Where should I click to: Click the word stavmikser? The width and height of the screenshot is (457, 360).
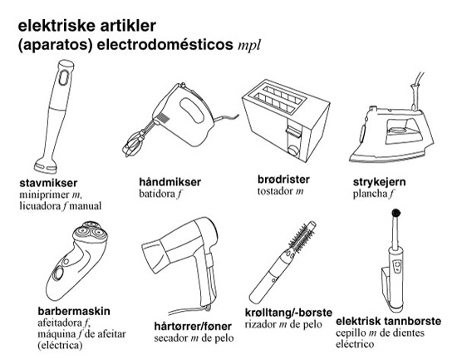48,183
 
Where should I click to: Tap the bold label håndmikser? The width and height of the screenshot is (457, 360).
170,182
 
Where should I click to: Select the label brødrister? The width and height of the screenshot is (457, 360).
283,179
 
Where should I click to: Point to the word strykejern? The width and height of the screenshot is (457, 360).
379,182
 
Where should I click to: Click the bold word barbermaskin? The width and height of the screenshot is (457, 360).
74,311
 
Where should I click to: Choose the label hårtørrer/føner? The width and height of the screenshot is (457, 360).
193,326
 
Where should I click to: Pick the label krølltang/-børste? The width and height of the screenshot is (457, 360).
288,313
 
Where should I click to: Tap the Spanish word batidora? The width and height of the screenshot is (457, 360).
157,194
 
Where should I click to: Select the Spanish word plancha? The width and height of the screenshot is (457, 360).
370,194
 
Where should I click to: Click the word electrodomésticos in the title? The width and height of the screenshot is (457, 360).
165,45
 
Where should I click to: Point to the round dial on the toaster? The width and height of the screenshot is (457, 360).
293,150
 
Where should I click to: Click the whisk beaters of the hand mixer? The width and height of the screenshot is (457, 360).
135,144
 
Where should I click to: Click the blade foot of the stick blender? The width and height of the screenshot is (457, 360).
46,165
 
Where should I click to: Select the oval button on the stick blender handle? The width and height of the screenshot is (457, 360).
64,77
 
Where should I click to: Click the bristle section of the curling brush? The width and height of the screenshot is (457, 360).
301,237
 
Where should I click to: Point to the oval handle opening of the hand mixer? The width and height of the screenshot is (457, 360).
192,110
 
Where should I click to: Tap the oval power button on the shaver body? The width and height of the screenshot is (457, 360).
59,274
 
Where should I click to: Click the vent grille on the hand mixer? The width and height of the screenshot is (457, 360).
164,119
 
